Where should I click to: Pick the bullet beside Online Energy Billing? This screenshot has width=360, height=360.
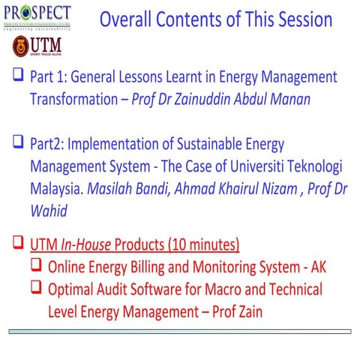click(37, 265)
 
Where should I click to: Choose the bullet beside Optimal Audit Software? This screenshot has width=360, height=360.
click(37, 288)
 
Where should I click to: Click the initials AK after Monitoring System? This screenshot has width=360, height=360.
click(318, 266)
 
